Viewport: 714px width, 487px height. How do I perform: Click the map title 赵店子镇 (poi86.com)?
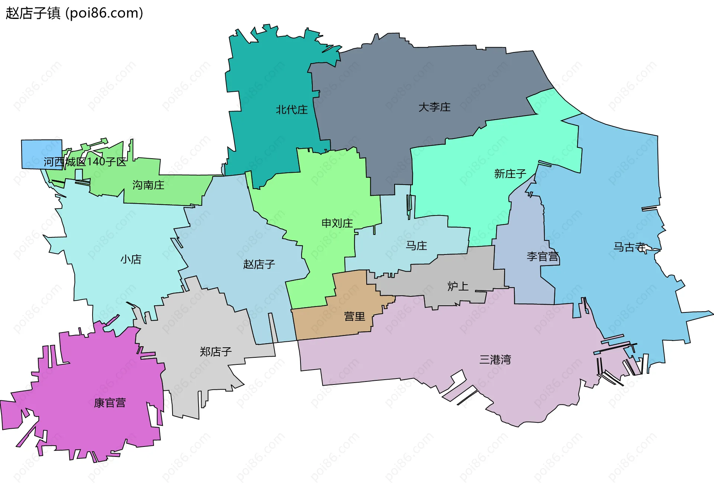(74, 13)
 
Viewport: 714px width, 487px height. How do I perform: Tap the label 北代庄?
(292, 110)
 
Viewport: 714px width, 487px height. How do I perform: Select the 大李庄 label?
(434, 107)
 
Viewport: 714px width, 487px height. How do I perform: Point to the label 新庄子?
(510, 173)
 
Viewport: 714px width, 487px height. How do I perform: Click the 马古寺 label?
(629, 247)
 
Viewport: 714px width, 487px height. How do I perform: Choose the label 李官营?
(543, 256)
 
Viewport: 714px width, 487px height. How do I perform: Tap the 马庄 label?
(416, 246)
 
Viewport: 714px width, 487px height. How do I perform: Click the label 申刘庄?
(337, 223)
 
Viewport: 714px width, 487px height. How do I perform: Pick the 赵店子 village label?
(259, 264)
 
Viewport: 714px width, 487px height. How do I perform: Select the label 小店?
(131, 259)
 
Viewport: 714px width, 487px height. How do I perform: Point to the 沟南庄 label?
(148, 185)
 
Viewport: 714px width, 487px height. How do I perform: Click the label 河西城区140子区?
(85, 162)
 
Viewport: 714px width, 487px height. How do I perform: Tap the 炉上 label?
(457, 286)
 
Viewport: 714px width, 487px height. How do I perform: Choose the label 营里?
(354, 316)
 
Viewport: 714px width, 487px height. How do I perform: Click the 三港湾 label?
(495, 359)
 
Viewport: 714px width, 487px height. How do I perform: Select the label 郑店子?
(215, 351)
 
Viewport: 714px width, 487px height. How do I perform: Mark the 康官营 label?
(110, 403)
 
